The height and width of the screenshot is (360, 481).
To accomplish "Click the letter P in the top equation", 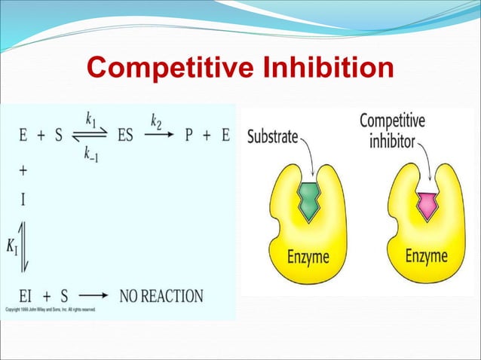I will point(189,137).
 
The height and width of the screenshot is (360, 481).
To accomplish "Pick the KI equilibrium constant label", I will point(13,246).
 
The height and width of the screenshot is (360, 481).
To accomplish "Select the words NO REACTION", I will point(162,296).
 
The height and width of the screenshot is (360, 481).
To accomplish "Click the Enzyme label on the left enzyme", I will point(308,258).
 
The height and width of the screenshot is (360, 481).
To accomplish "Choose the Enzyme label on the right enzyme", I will point(427,255).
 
